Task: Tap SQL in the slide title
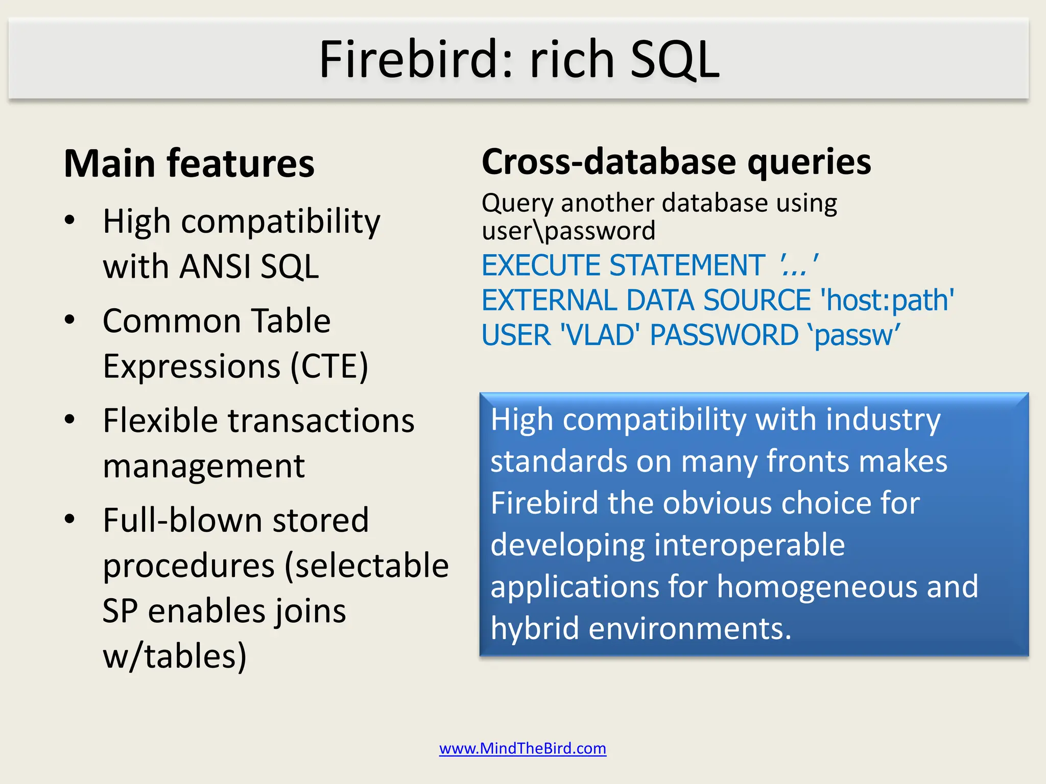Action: point(675,60)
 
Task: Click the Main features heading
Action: point(189,164)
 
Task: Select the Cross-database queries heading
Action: point(676,162)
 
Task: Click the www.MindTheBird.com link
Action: point(522,748)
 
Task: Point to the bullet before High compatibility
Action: point(70,220)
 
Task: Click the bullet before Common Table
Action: point(70,320)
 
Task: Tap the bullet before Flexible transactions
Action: point(70,420)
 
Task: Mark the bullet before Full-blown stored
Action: point(70,519)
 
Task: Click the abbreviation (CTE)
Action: point(329,366)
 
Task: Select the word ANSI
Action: point(215,266)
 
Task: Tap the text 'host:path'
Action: point(887,300)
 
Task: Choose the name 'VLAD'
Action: point(600,335)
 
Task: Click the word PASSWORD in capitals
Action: point(724,335)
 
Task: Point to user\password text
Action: point(568,231)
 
